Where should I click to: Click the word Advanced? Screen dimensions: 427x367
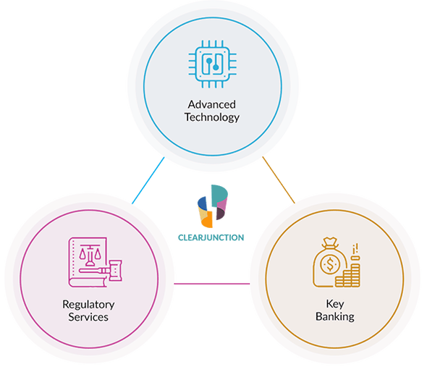pyautogui.click(x=212, y=105)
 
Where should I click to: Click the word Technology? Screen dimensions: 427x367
pyautogui.click(x=212, y=117)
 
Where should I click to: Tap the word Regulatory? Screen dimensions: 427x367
pyautogui.click(x=88, y=305)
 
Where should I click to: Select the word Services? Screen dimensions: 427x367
pyautogui.click(x=88, y=317)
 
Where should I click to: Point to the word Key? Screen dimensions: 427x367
pyautogui.click(x=335, y=304)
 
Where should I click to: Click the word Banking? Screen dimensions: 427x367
pyautogui.click(x=335, y=316)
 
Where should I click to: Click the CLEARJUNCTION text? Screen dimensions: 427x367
pyautogui.click(x=211, y=237)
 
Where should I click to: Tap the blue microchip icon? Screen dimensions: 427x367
pyautogui.click(x=212, y=64)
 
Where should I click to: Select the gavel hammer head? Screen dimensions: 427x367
pyautogui.click(x=115, y=270)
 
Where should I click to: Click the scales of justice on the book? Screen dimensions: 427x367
pyautogui.click(x=90, y=255)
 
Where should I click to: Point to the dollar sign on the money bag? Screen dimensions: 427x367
pyautogui.click(x=330, y=264)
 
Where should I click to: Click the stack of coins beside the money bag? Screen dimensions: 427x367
pyautogui.click(x=348, y=274)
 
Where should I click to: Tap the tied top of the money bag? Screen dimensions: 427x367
pyautogui.click(x=330, y=242)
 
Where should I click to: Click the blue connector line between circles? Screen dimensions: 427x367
pyautogui.click(x=148, y=180)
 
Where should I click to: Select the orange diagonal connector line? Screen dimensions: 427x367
pyautogui.click(x=279, y=180)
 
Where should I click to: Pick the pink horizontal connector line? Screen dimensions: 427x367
pyautogui.click(x=212, y=284)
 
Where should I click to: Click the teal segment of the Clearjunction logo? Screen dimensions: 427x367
pyautogui.click(x=220, y=195)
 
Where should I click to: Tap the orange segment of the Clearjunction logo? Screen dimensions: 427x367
pyautogui.click(x=207, y=220)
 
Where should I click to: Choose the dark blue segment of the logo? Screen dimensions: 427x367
pyautogui.click(x=202, y=203)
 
